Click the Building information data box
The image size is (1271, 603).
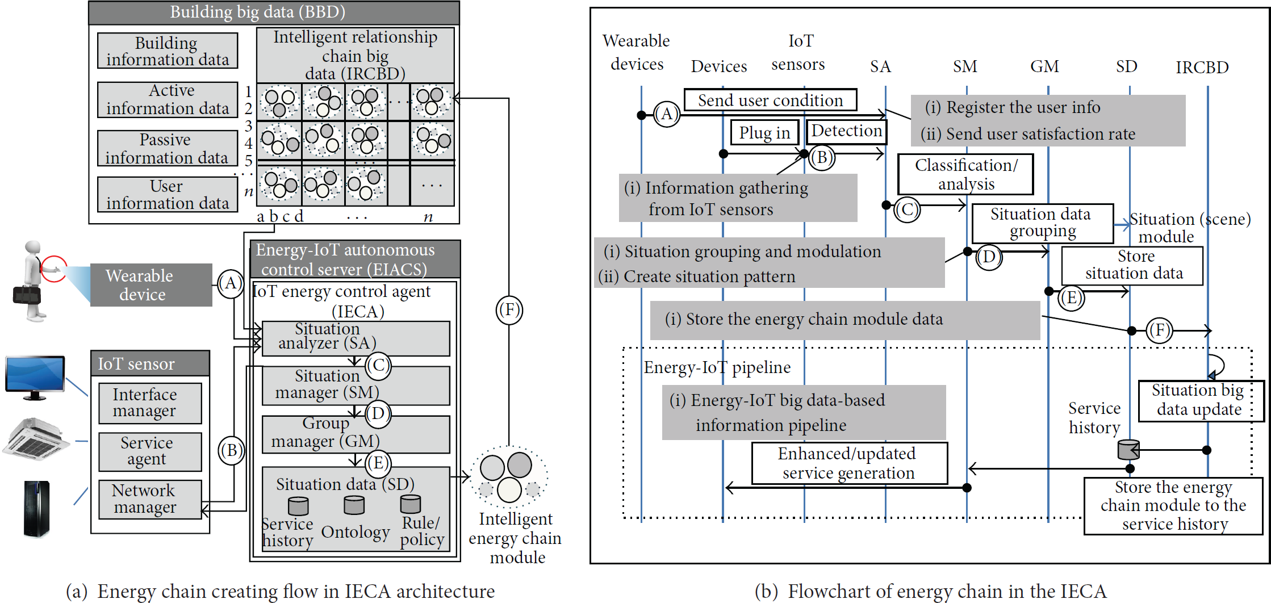pyautogui.click(x=168, y=51)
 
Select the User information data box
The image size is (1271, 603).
pyautogui.click(x=168, y=194)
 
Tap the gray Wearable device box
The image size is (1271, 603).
pyautogui.click(x=151, y=285)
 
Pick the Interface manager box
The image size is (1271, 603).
pyautogui.click(x=150, y=403)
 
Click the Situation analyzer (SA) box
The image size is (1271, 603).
pyautogui.click(x=356, y=338)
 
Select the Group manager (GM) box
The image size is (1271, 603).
pyautogui.click(x=356, y=434)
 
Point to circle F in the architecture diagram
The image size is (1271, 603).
pyautogui.click(x=509, y=310)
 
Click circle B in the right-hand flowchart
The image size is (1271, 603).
pyautogui.click(x=822, y=157)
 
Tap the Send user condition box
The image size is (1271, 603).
pyautogui.click(x=770, y=100)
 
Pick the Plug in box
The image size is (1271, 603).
pyautogui.click(x=765, y=132)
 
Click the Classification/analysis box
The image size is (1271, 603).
pyautogui.click(x=965, y=174)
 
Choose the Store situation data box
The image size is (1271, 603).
pyautogui.click(x=1132, y=265)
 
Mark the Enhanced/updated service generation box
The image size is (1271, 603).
pyautogui.click(x=850, y=463)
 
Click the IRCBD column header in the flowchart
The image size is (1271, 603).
pyautogui.click(x=1202, y=68)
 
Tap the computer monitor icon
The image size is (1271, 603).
pyautogui.click(x=35, y=378)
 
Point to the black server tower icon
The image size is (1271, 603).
pyautogui.click(x=37, y=509)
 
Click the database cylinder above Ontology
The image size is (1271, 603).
pyautogui.click(x=354, y=504)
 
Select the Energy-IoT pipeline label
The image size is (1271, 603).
pyautogui.click(x=717, y=368)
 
